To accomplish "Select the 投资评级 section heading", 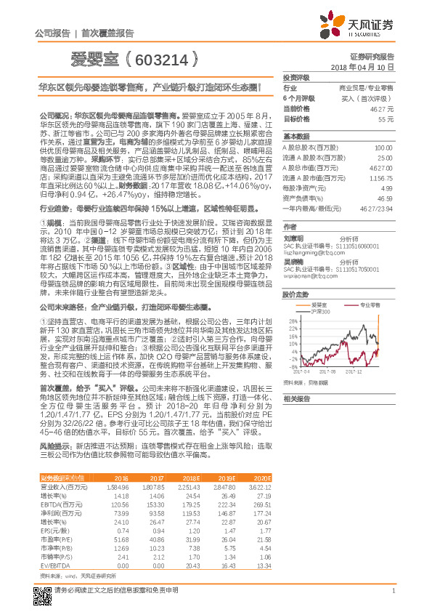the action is click(x=297, y=76).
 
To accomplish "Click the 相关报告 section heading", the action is click(x=297, y=398).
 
